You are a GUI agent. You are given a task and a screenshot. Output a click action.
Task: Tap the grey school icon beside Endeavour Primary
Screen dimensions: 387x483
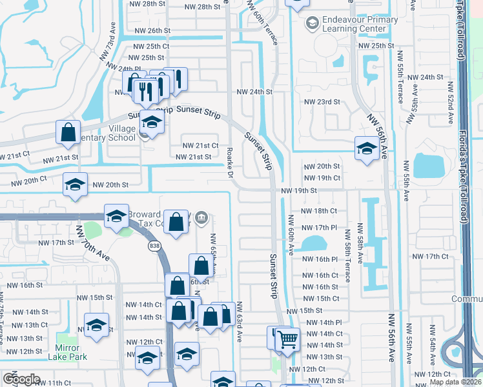click(312, 24)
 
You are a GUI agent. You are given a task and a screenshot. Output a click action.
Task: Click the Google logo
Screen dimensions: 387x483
click(21, 379)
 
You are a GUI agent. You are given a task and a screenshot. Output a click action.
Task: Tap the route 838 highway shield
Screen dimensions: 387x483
click(154, 245)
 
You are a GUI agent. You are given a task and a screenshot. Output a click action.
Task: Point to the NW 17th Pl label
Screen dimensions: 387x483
click(321, 228)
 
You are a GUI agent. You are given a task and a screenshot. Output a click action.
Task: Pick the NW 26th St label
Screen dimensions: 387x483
click(152, 30)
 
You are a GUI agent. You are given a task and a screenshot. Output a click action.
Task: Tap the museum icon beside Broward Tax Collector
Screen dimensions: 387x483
click(201, 216)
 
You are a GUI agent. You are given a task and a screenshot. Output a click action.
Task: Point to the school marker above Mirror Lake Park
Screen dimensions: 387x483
click(96, 325)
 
